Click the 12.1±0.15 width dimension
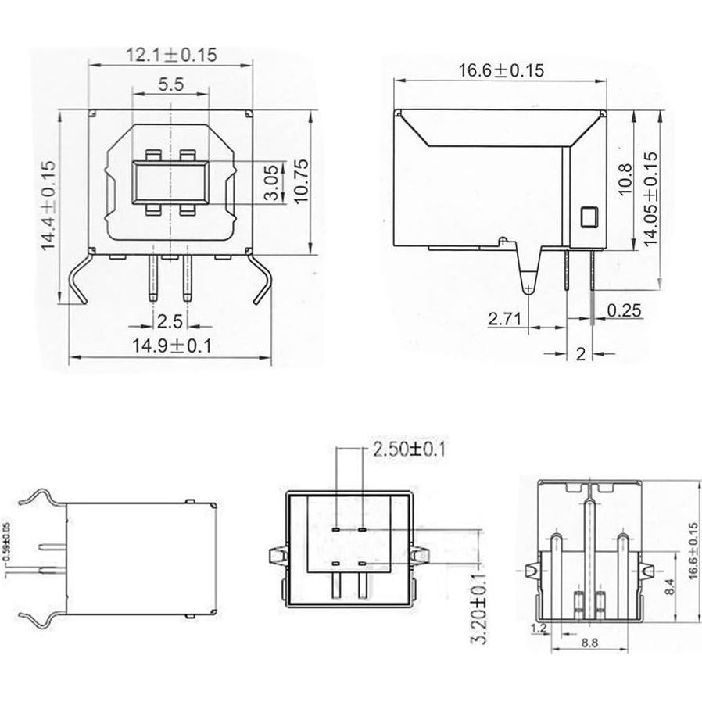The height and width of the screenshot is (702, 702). tap(170, 56)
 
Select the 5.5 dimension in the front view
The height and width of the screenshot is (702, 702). tap(170, 86)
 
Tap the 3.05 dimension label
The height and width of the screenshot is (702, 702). tap(270, 183)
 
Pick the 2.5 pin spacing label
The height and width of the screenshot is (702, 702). tap(170, 321)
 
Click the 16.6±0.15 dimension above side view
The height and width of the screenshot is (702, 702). tap(500, 70)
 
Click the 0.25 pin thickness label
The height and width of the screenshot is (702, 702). tap(626, 311)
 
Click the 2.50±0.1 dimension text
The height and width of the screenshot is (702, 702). tap(410, 449)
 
